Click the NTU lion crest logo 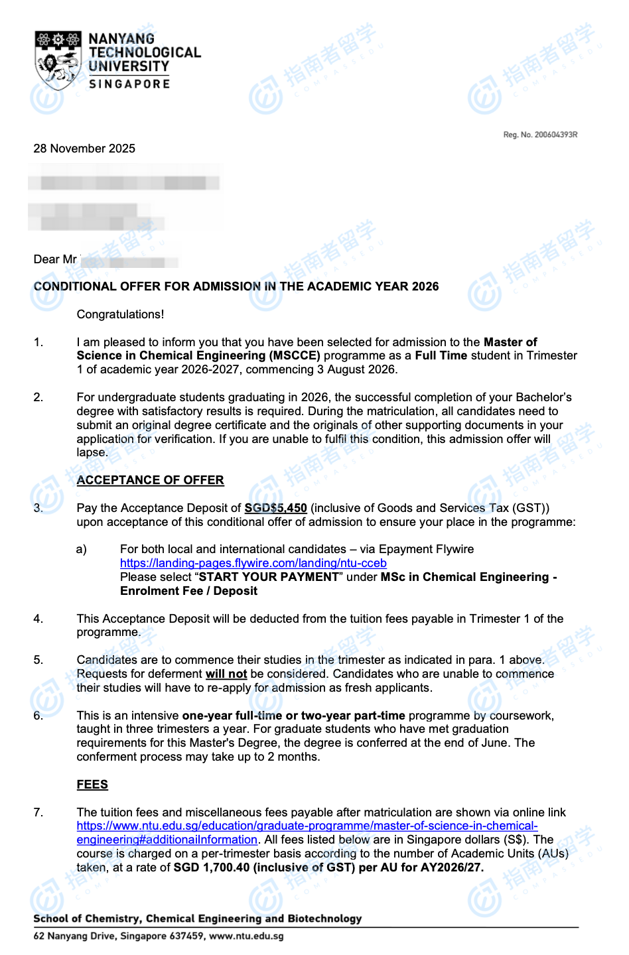tap(58, 60)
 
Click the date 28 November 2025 tap(84, 149)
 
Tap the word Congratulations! tap(120, 314)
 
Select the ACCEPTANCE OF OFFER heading tap(150, 480)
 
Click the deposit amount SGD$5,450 tap(275, 508)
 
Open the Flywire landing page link tap(253, 563)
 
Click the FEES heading tap(92, 785)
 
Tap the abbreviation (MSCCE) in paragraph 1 tap(295, 356)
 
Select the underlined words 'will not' tap(226, 674)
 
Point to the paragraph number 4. tap(38, 619)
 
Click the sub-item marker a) tap(82, 549)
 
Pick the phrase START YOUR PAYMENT tap(269, 577)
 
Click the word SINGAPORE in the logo tap(129, 84)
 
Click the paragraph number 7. tap(38, 812)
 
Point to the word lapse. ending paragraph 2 tap(92, 452)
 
